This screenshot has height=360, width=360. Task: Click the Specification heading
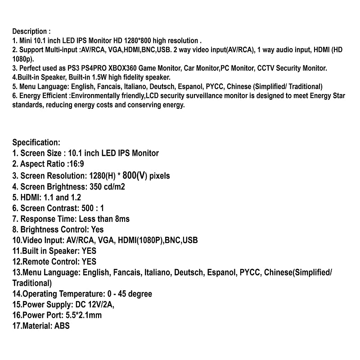[36, 143]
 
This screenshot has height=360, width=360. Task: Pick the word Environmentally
[98, 96]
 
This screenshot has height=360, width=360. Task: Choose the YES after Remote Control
[89, 261]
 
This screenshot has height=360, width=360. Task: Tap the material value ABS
[62, 326]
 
